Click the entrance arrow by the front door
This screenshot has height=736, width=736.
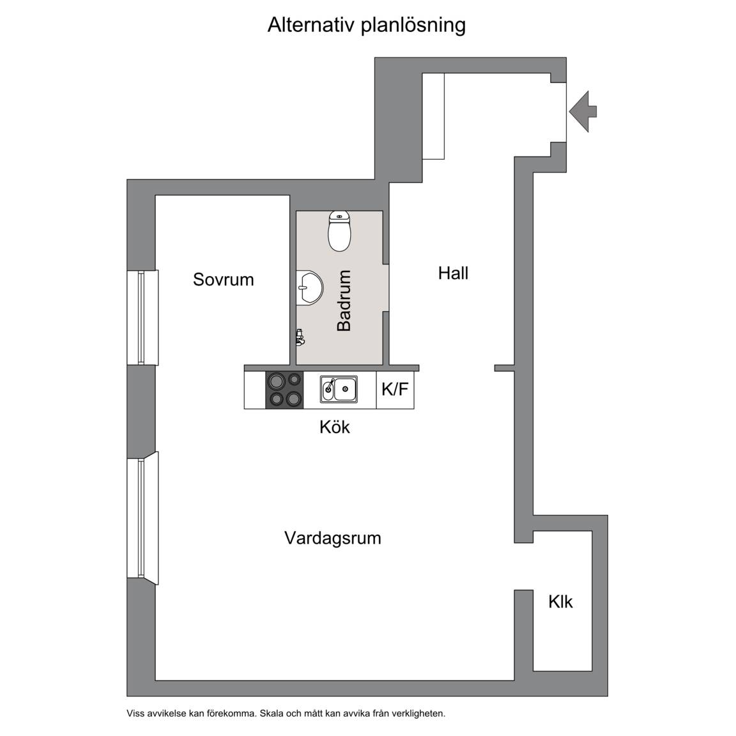click(x=583, y=112)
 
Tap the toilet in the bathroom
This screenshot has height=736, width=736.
click(x=339, y=231)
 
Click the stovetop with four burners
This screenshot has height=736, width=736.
click(x=284, y=390)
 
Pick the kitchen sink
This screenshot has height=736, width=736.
click(x=339, y=389)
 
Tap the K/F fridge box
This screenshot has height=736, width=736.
click(x=395, y=390)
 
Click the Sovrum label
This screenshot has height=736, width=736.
click(x=224, y=279)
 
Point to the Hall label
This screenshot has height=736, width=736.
click(x=453, y=273)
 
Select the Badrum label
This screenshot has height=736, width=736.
click(x=344, y=300)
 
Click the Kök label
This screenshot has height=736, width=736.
click(x=335, y=427)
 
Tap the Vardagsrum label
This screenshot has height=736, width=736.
click(x=333, y=538)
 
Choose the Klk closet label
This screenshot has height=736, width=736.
click(x=560, y=602)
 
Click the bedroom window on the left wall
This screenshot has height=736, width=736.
click(x=142, y=318)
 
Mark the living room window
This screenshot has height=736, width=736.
click(x=142, y=518)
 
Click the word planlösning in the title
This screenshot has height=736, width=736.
click(x=413, y=26)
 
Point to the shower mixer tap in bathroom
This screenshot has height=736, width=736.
click(x=300, y=337)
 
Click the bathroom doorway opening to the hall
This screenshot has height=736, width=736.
click(x=386, y=287)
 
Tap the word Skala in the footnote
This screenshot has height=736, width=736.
click(x=271, y=714)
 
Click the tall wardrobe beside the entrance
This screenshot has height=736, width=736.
click(x=433, y=116)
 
